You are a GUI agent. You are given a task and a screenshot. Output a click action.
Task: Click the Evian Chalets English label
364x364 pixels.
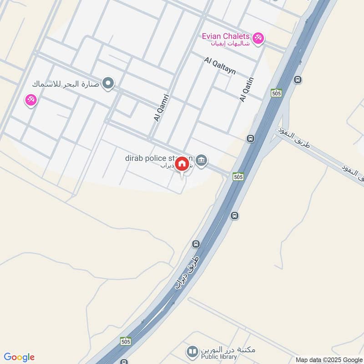coord(226,36)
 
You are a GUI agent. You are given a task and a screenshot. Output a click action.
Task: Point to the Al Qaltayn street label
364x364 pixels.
coord(220,66)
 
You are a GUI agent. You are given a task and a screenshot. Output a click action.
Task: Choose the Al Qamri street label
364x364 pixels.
coord(162,107)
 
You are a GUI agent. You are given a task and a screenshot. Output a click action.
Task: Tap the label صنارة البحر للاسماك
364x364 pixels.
coord(66,84)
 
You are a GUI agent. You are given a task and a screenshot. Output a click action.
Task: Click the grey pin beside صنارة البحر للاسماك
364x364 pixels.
coord(108,83)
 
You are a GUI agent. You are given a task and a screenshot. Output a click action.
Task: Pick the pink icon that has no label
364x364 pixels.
coord(30,100)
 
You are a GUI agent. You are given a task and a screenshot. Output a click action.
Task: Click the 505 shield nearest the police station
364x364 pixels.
coord(238,177)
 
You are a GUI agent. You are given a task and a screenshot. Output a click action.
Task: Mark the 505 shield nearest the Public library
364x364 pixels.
coord(126,341)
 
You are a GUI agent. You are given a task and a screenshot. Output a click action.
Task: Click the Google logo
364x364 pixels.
coord(19,357)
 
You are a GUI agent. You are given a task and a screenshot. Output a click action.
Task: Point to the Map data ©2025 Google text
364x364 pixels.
coord(328,359)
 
